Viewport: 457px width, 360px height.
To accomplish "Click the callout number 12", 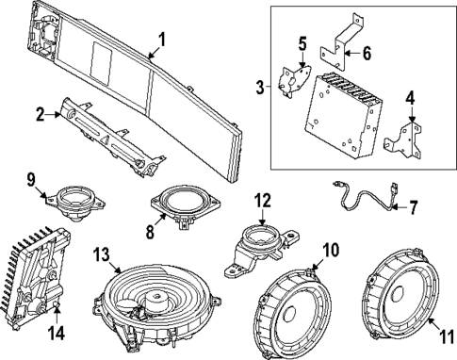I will click(262, 202).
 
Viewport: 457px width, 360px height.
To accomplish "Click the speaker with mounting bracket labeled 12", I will click(256, 244).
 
